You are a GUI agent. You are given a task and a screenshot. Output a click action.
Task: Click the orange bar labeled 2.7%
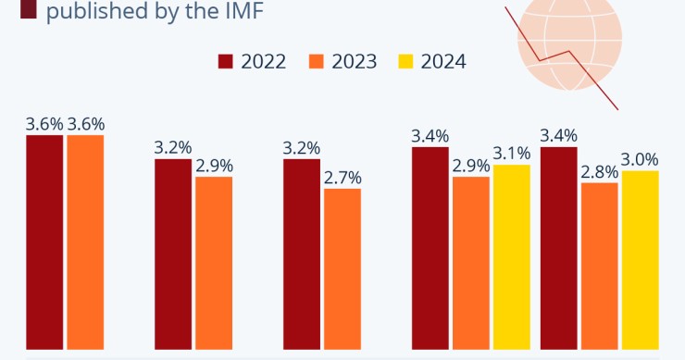[x=342, y=269]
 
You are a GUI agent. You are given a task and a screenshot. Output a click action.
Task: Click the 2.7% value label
[x=342, y=177]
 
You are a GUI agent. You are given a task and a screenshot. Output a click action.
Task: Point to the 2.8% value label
[x=599, y=171]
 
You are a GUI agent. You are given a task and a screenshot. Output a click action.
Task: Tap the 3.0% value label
[x=640, y=159]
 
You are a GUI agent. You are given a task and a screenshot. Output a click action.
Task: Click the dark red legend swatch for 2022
[x=226, y=62]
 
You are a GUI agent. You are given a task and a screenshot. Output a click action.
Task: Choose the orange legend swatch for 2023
[x=317, y=62]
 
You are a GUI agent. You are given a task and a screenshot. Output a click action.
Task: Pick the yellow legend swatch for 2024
[x=405, y=62]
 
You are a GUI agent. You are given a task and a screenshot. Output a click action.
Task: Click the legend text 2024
[x=443, y=62]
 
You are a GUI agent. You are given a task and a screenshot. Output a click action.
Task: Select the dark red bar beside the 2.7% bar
[x=301, y=254]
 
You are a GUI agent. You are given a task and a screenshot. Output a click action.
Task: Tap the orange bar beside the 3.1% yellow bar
[x=470, y=263]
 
